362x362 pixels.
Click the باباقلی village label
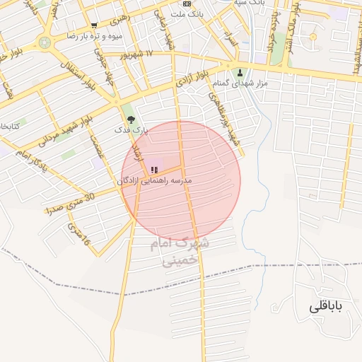(325, 307)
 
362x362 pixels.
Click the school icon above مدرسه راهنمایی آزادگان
(153, 170)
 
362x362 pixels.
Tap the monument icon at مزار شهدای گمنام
(240, 73)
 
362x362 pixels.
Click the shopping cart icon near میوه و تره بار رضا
(94, 25)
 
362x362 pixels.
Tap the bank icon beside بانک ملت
(186, 4)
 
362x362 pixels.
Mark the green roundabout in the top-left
(45, 42)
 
